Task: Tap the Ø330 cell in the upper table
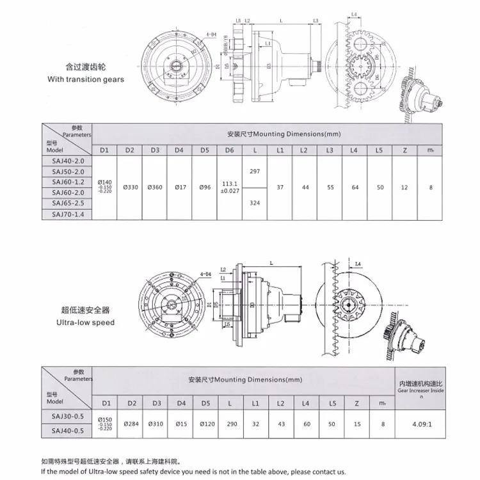[x=129, y=188]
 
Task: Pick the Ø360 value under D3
[x=154, y=188]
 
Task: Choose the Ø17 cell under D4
[x=179, y=188]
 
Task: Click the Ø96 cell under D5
[x=204, y=188]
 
